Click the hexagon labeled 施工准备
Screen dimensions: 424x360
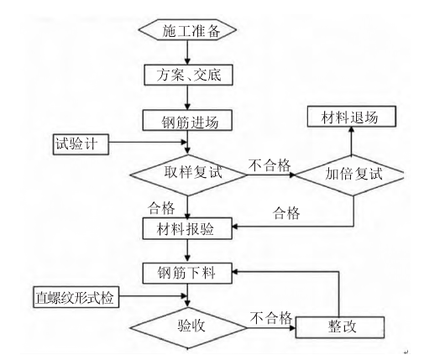(187, 29)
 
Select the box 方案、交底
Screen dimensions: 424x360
(188, 75)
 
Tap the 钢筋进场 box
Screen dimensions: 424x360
(187, 120)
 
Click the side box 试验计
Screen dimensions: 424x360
(81, 144)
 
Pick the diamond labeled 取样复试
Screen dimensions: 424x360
(188, 175)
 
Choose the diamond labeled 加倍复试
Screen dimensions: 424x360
(350, 175)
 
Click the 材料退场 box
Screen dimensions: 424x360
(352, 117)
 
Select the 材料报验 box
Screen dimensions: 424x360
(187, 229)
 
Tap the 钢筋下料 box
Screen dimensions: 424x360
(187, 274)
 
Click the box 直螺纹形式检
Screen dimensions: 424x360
(76, 297)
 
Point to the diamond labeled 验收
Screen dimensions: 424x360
(188, 328)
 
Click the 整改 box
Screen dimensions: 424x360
(340, 327)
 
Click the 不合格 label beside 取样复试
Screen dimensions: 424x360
(270, 165)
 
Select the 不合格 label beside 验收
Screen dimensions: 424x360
(270, 318)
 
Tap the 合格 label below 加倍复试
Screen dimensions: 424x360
(286, 213)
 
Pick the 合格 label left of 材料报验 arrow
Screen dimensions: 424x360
(161, 208)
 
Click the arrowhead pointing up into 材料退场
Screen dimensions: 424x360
(352, 129)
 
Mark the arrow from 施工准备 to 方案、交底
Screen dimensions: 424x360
(187, 53)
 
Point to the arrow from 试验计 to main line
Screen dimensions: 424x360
(148, 142)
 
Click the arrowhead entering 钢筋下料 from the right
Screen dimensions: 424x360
(235, 272)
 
